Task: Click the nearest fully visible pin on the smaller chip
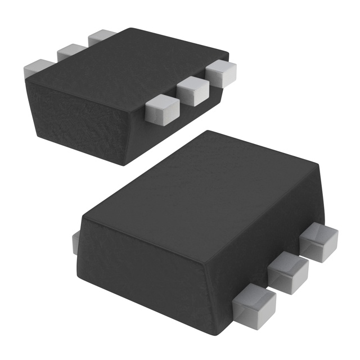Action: point(160,109)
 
